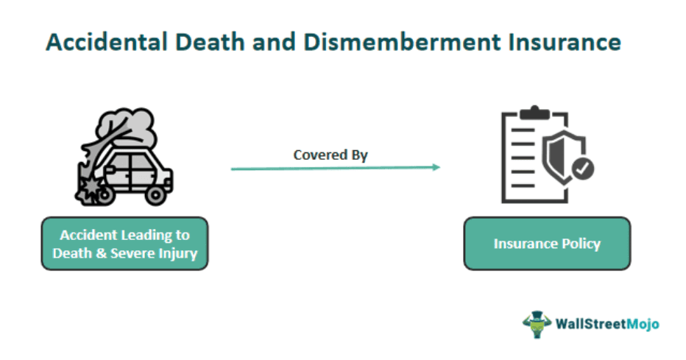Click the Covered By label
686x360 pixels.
330,155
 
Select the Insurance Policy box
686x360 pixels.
547,243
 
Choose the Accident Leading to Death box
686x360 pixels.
124,244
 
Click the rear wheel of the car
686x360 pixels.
155,194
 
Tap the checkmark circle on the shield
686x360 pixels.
583,169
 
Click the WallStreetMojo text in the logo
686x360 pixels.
607,324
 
